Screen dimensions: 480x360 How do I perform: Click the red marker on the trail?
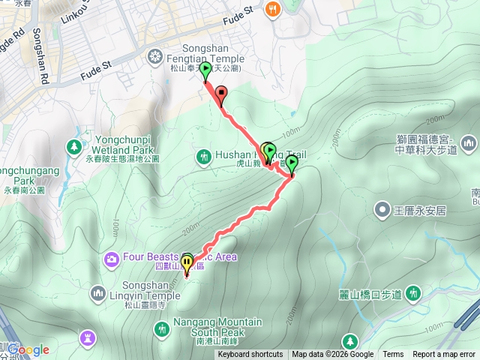(220, 94)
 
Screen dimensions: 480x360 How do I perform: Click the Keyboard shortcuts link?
(250, 355)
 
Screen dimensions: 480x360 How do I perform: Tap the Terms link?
(393, 355)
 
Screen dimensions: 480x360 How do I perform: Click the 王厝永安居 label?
(419, 210)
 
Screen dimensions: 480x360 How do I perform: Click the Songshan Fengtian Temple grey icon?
(155, 54)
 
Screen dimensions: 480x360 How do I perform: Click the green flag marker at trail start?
(205, 70)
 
